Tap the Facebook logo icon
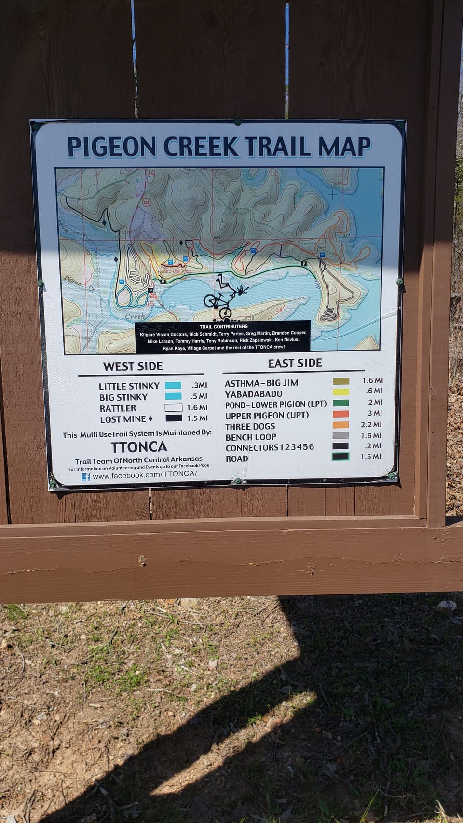[85, 477]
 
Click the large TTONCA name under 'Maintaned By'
[139, 446]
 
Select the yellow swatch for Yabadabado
[341, 392]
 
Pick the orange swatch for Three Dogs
[341, 425]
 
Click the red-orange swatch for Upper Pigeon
[341, 414]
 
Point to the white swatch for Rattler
[173, 407]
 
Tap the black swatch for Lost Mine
[173, 418]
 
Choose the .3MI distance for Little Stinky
[199, 385]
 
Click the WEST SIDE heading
[133, 366]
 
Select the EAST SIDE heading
[295, 363]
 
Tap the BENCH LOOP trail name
[251, 437]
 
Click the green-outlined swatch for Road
[340, 457]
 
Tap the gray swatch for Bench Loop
[340, 435]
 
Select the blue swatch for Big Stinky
[173, 396]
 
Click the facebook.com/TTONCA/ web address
[145, 476]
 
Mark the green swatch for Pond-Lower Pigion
[341, 403]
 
